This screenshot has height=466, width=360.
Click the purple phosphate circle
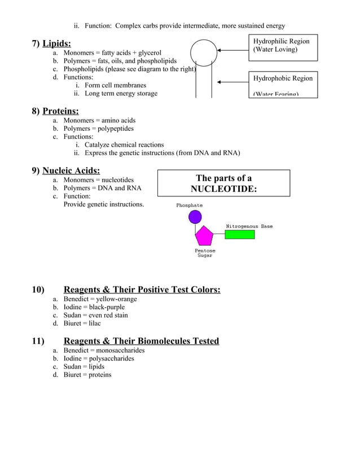click(195, 217)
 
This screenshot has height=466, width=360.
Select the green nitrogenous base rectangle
click(239, 234)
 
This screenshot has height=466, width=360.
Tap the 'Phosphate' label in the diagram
click(189, 205)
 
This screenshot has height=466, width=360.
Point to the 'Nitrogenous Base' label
click(249, 226)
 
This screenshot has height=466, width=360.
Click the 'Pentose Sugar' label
click(204, 253)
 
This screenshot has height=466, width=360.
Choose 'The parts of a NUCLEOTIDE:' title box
click(223, 183)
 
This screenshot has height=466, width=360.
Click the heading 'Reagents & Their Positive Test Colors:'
click(142, 290)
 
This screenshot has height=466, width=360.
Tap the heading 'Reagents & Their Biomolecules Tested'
click(141, 341)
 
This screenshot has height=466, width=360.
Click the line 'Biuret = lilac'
click(82, 324)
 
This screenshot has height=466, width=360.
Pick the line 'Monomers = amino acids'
click(99, 120)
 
